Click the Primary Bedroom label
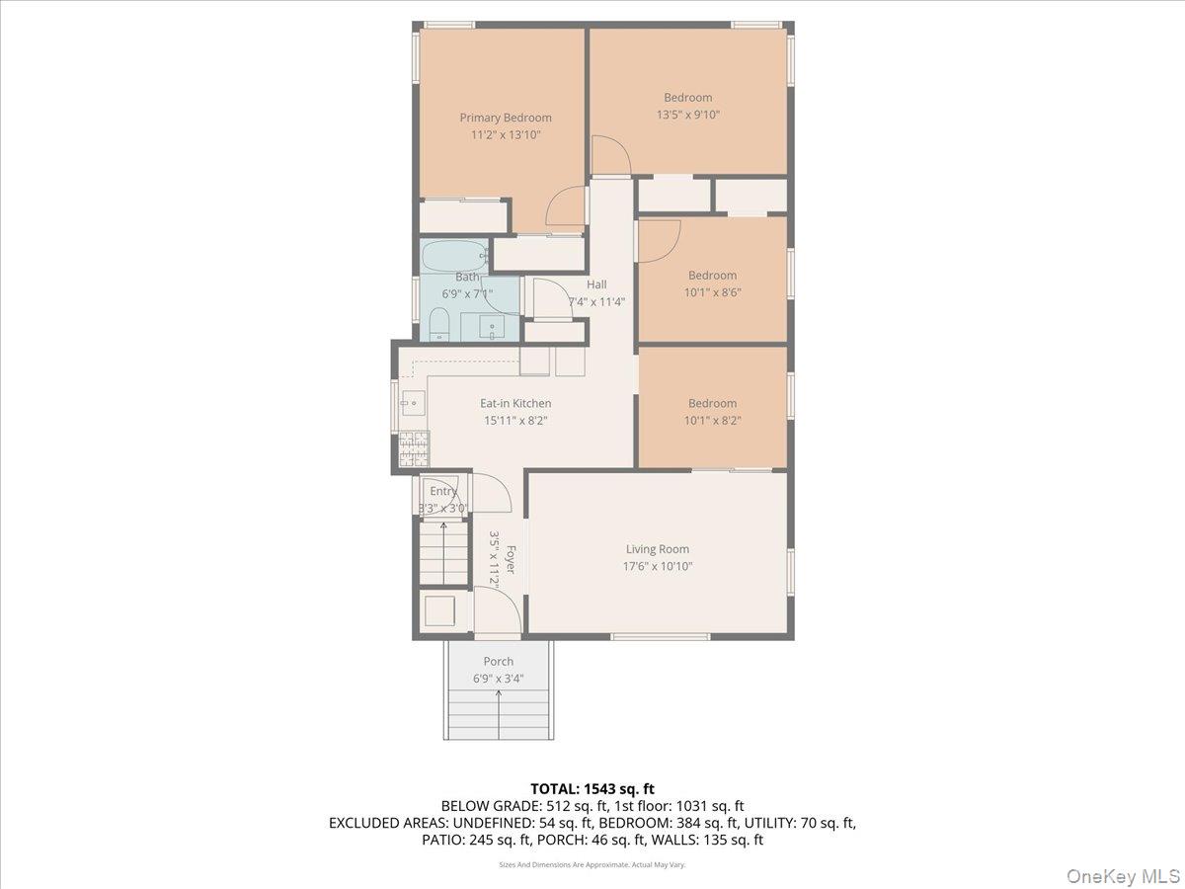(506, 118)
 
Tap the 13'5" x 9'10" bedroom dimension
(687, 115)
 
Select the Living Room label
(658, 549)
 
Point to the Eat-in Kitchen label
(515, 403)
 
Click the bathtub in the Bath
(454, 257)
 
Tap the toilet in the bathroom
(438, 324)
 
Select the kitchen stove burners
(414, 449)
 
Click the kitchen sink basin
(413, 403)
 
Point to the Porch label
(499, 661)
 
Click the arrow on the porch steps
(499, 713)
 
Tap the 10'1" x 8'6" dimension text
(713, 292)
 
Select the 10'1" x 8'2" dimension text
(713, 421)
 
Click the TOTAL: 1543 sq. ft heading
(592, 789)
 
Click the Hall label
(596, 284)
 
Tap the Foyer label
(511, 559)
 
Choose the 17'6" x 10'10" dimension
(658, 566)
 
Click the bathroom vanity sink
(492, 327)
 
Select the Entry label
(443, 491)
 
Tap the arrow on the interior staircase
(443, 552)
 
